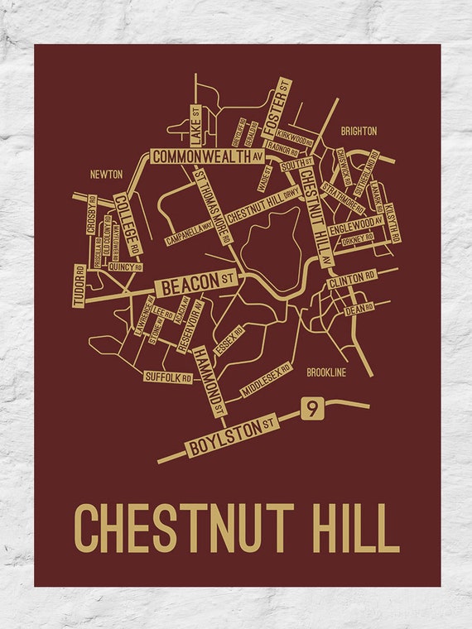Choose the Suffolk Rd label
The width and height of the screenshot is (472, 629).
click(168, 377)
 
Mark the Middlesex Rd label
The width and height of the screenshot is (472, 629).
click(266, 378)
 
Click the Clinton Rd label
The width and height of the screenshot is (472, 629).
click(352, 280)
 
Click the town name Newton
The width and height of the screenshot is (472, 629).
click(106, 175)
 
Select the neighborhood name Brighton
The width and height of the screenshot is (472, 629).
click(358, 131)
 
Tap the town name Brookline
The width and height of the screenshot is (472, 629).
click(325, 372)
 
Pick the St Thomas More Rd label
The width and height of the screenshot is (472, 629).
click(212, 207)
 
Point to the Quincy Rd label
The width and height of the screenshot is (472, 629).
click(125, 268)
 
